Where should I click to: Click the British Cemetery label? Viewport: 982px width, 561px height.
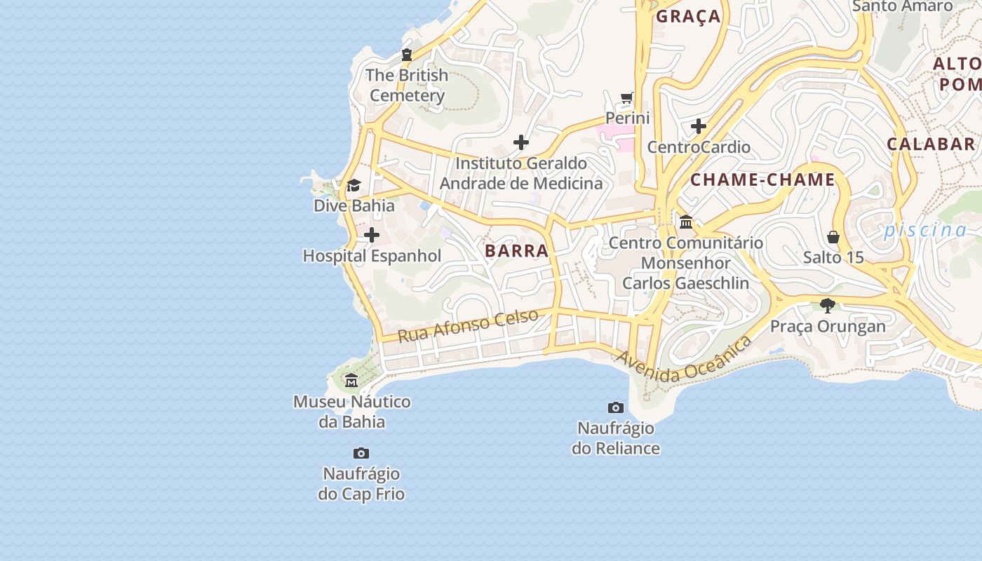(407, 86)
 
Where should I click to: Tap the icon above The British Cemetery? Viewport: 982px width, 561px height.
(406, 55)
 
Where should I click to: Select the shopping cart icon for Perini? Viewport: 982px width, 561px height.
(627, 98)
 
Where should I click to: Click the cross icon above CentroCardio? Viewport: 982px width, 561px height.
(699, 127)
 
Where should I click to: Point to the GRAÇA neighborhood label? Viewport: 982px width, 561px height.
(688, 16)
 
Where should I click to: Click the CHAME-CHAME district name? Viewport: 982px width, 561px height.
(762, 180)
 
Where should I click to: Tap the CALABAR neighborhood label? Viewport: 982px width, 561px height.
(931, 144)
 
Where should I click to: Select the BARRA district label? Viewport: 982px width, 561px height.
(516, 251)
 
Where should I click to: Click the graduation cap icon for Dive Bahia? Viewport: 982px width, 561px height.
(354, 186)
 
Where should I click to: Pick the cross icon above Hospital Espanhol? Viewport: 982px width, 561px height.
(372, 235)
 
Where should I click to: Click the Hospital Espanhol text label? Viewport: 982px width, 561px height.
(372, 256)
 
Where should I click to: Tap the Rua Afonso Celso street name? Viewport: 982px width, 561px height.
(468, 325)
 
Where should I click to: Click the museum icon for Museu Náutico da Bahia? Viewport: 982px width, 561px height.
(351, 381)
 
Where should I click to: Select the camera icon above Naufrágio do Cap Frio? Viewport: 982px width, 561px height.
(361, 454)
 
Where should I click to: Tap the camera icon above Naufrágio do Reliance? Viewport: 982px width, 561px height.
(615, 407)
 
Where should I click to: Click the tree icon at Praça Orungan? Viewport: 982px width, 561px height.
(828, 306)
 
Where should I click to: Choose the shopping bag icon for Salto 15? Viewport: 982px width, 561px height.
(833, 237)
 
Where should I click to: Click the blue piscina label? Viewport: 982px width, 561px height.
(924, 230)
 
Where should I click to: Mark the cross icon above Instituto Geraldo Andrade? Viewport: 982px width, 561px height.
(521, 143)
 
